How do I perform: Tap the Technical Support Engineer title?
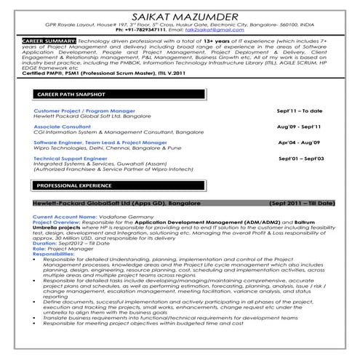point(69,157)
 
